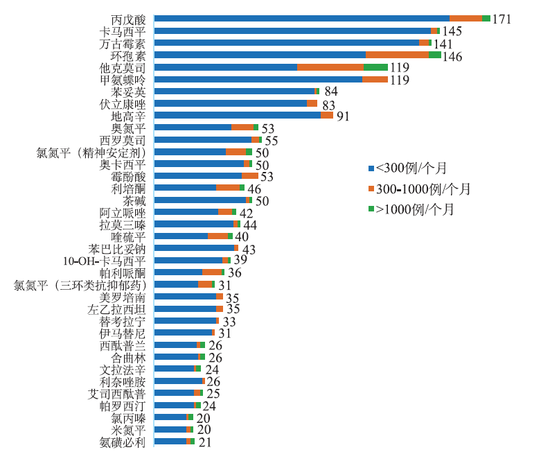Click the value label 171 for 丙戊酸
[501, 19]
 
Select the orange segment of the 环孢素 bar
[397, 55]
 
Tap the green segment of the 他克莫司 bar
[375, 67]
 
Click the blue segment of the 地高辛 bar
[237, 115]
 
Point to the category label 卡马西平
[123, 31]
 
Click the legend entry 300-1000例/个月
[420, 189]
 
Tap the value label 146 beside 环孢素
[452, 57]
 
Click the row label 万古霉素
[123, 43]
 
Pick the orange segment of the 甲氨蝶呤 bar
[375, 79]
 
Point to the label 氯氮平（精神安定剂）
[91, 152]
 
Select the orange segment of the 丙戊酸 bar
[465, 19]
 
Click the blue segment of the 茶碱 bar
[199, 200]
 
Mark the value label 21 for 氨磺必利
[204, 442]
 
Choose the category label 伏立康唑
[123, 103]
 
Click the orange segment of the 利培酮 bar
[227, 188]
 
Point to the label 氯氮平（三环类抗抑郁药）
[80, 285]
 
